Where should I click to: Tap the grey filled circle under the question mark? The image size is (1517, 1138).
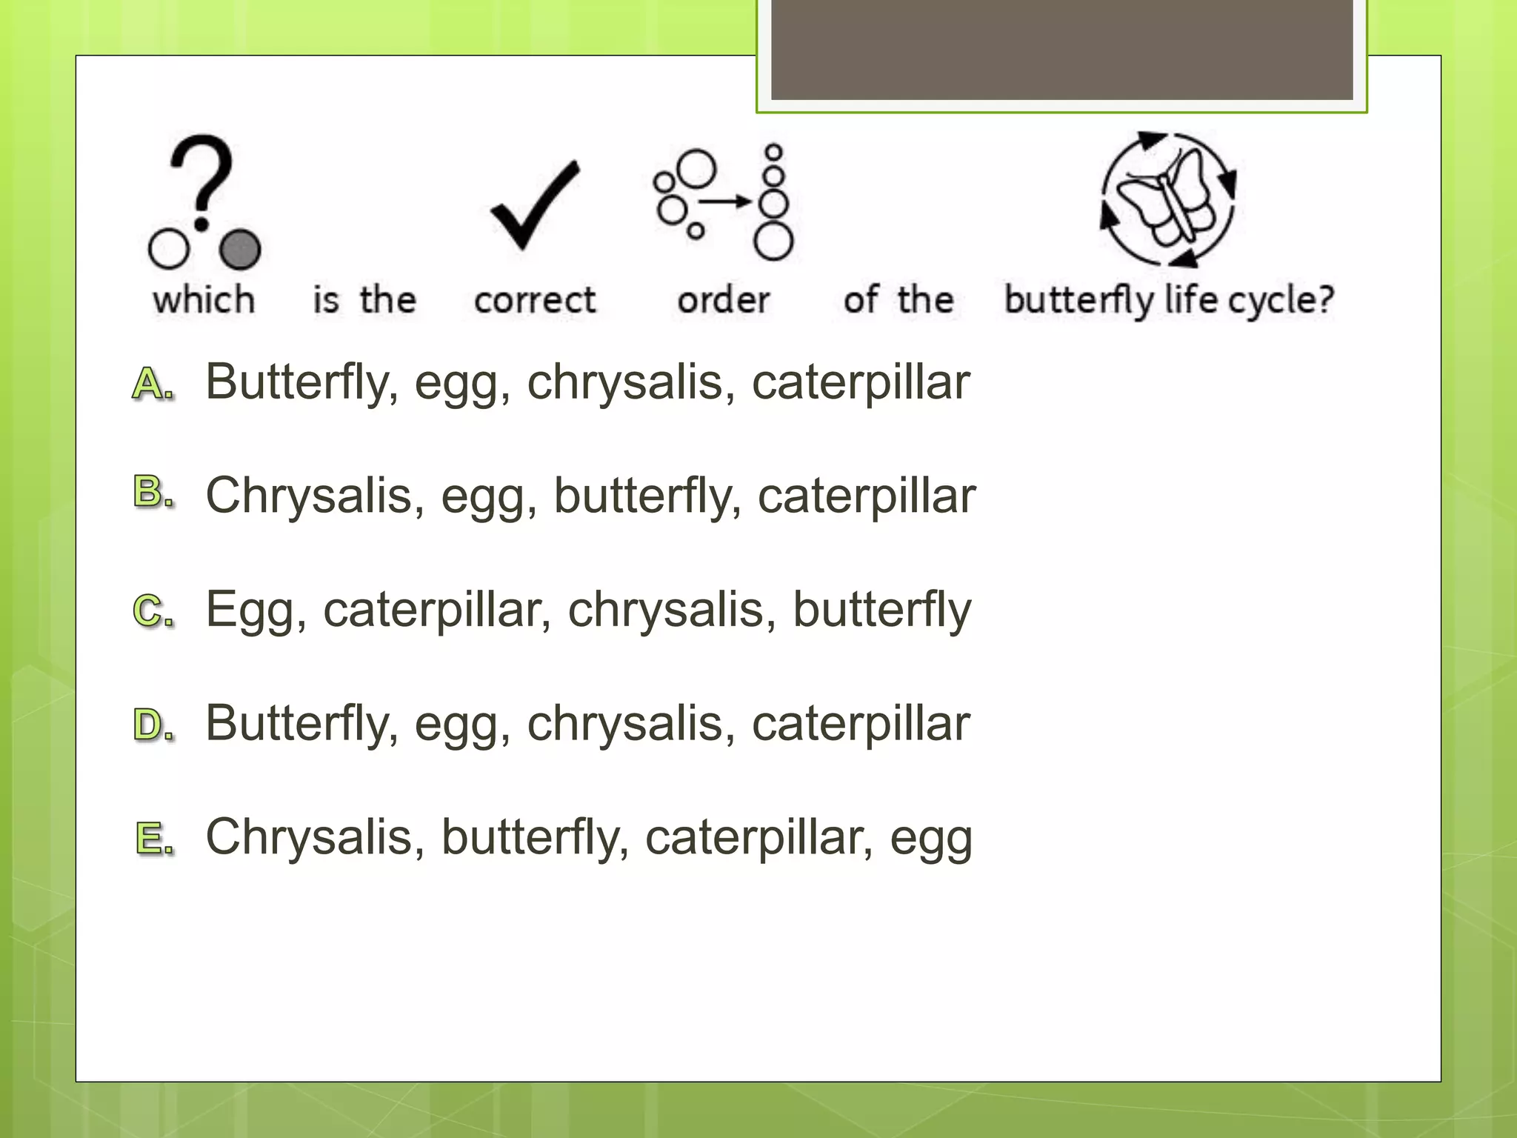click(241, 249)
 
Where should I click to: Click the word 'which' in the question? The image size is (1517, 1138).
click(204, 300)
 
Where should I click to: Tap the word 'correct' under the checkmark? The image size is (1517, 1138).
click(535, 300)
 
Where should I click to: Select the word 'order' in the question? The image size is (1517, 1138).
click(724, 300)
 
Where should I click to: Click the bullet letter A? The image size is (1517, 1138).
click(152, 384)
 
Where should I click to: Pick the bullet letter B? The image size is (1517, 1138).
click(152, 492)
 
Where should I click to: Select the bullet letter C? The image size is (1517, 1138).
click(152, 611)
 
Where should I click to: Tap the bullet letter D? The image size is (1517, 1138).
click(152, 725)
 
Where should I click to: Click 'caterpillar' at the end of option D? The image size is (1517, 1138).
click(861, 724)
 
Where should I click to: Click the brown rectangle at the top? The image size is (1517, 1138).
click(1061, 49)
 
